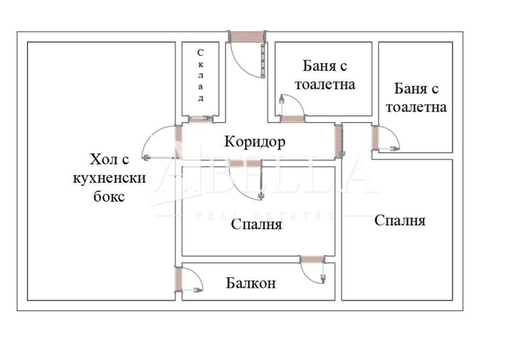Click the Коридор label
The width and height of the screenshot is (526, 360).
tap(254, 141)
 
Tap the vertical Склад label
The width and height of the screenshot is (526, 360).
tap(201, 75)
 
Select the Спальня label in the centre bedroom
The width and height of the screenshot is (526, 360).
tap(256, 225)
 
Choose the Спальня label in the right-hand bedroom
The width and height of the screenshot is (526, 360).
tap(400, 220)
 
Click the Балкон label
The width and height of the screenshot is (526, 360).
tap(251, 284)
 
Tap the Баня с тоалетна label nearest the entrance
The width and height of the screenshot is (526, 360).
tap(325, 76)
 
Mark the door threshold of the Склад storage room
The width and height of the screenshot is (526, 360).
tap(200, 120)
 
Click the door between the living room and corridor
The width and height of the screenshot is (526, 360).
tap(178, 141)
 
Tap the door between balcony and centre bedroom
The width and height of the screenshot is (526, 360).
tap(312, 260)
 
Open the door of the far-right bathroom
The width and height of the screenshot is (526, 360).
tap(376, 139)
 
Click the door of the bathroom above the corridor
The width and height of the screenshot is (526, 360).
tap(293, 119)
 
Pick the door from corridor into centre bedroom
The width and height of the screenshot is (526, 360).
tap(245, 164)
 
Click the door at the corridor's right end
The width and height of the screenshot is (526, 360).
tap(339, 139)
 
